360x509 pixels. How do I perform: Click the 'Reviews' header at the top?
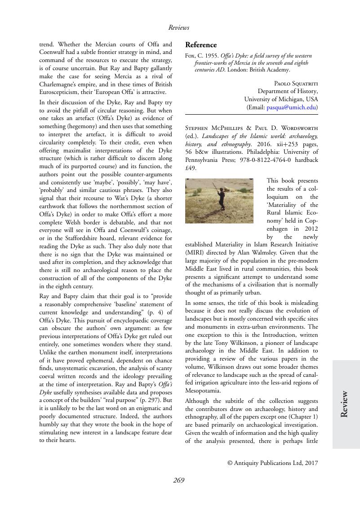(179, 28)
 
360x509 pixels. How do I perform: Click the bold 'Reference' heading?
(201, 45)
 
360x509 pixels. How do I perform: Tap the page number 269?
(179, 480)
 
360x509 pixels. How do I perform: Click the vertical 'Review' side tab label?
(345, 404)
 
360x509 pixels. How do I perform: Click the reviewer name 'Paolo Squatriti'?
(295, 83)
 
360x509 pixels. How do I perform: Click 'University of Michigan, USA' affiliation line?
(280, 99)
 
